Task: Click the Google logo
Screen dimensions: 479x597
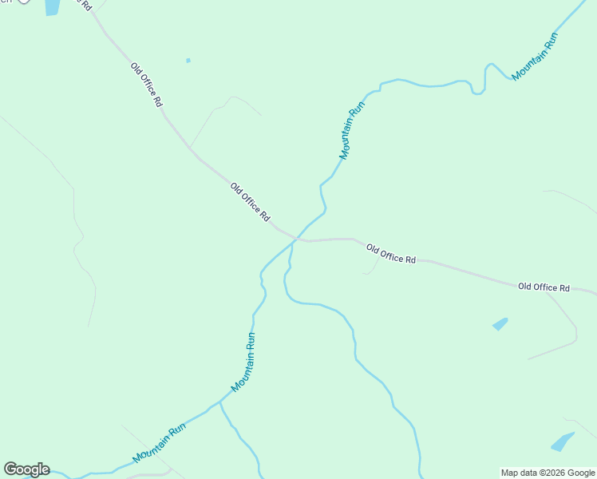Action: (26, 469)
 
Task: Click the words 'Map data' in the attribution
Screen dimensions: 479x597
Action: (520, 473)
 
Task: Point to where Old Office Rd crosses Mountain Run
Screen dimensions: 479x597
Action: (297, 238)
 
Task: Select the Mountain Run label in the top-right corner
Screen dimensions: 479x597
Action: (534, 56)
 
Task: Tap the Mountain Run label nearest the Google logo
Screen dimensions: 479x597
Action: (159, 443)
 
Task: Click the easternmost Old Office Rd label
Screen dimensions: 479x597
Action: (544, 287)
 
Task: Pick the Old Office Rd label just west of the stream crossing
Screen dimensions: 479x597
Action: (250, 203)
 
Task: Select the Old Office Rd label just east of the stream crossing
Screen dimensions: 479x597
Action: (391, 255)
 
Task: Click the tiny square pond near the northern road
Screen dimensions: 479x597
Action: (188, 60)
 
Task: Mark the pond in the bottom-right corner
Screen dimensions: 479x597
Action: (562, 441)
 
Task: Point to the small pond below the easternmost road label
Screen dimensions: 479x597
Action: (500, 324)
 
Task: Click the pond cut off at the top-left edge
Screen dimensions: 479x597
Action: (52, 7)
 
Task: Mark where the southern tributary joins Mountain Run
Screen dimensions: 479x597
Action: (220, 402)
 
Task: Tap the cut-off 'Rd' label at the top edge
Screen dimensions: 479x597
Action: (82, 4)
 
